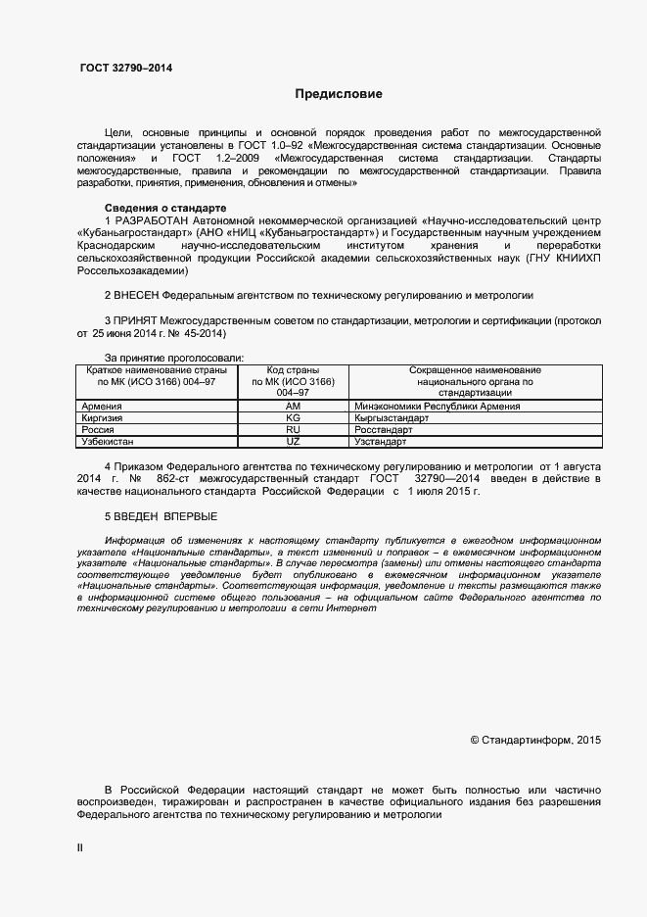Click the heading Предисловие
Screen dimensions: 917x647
339,94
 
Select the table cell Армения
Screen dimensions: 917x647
103,406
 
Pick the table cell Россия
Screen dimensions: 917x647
99,430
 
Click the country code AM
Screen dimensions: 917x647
293,406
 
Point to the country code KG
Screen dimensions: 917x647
293,417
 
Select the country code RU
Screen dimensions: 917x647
293,430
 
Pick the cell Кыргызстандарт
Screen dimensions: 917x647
393,417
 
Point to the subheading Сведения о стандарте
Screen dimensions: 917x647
164,209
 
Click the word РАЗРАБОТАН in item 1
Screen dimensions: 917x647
152,221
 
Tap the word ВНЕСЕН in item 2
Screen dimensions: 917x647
137,294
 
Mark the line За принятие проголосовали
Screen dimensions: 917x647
174,359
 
